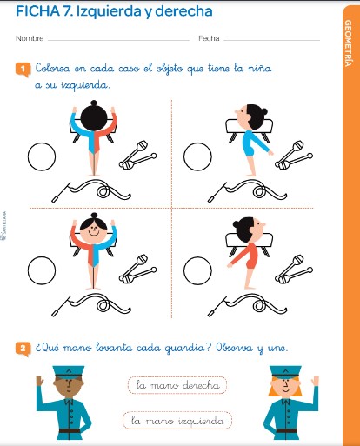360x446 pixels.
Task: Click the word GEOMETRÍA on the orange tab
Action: tap(348, 43)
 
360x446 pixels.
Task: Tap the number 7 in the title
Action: tap(66, 11)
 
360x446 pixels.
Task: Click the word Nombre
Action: tap(30, 38)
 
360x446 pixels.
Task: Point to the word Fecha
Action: tap(209, 38)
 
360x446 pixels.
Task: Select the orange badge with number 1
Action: tap(23, 70)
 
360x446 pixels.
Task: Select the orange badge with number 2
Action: tap(23, 349)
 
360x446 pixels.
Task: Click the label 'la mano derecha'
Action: tap(177, 385)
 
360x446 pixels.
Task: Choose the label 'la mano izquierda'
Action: tap(177, 420)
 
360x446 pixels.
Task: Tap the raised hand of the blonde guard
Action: tap(315, 381)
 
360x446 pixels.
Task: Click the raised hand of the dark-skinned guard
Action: tap(40, 381)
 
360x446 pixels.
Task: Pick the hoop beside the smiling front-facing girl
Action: tap(42, 270)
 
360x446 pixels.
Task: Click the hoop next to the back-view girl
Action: tap(42, 156)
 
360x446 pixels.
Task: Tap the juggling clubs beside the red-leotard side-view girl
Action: tap(294, 269)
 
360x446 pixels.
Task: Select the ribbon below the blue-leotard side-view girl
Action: tap(247, 190)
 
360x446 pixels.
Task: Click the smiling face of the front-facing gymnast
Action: tap(93, 230)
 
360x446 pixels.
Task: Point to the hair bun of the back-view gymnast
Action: tap(94, 103)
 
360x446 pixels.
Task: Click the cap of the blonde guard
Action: tap(285, 372)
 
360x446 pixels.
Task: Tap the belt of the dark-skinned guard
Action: tap(70, 430)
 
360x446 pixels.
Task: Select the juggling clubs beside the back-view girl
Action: tap(137, 155)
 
